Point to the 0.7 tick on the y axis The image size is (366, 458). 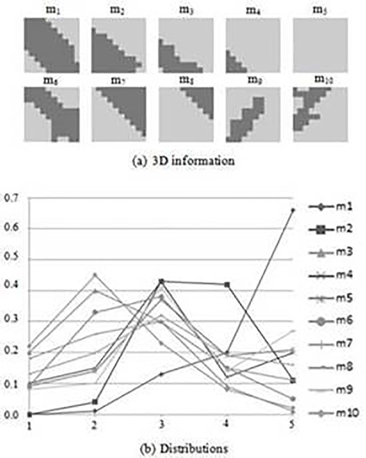pos(9,198)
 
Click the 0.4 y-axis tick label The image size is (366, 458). pos(9,291)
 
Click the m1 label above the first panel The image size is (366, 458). pos(52,12)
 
